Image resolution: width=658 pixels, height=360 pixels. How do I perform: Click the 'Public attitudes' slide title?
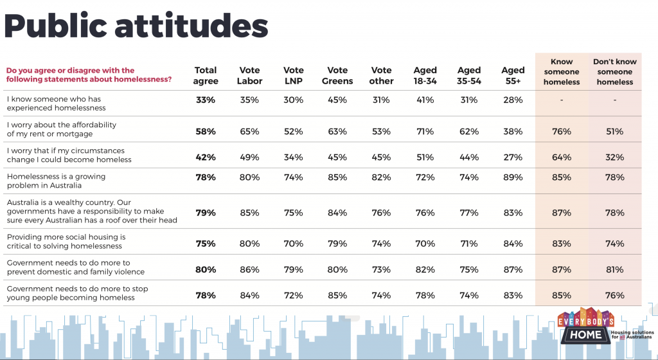click(x=136, y=26)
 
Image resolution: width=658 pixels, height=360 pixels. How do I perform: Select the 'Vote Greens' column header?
click(x=337, y=76)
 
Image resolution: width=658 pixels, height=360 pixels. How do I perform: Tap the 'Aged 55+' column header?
click(x=513, y=76)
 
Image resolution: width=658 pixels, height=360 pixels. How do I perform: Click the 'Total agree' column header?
click(x=206, y=76)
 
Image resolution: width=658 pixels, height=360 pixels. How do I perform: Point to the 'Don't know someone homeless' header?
click(x=614, y=72)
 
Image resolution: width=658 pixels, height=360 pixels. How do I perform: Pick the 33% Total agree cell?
click(x=206, y=100)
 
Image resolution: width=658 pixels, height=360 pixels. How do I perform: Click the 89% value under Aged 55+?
click(x=513, y=177)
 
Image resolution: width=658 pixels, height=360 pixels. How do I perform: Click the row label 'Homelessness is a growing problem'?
click(x=56, y=181)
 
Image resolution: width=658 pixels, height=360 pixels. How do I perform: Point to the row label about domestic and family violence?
click(x=70, y=267)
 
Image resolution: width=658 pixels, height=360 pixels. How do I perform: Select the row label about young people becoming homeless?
click(x=77, y=293)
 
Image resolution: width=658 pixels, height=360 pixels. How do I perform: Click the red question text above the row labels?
click(x=89, y=75)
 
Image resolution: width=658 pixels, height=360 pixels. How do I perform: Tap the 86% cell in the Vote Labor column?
click(x=249, y=270)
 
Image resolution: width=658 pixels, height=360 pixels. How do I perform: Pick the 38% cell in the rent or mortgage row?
click(x=513, y=131)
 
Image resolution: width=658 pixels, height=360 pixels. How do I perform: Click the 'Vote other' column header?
click(x=381, y=76)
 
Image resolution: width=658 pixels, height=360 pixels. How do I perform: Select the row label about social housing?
click(x=66, y=241)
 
